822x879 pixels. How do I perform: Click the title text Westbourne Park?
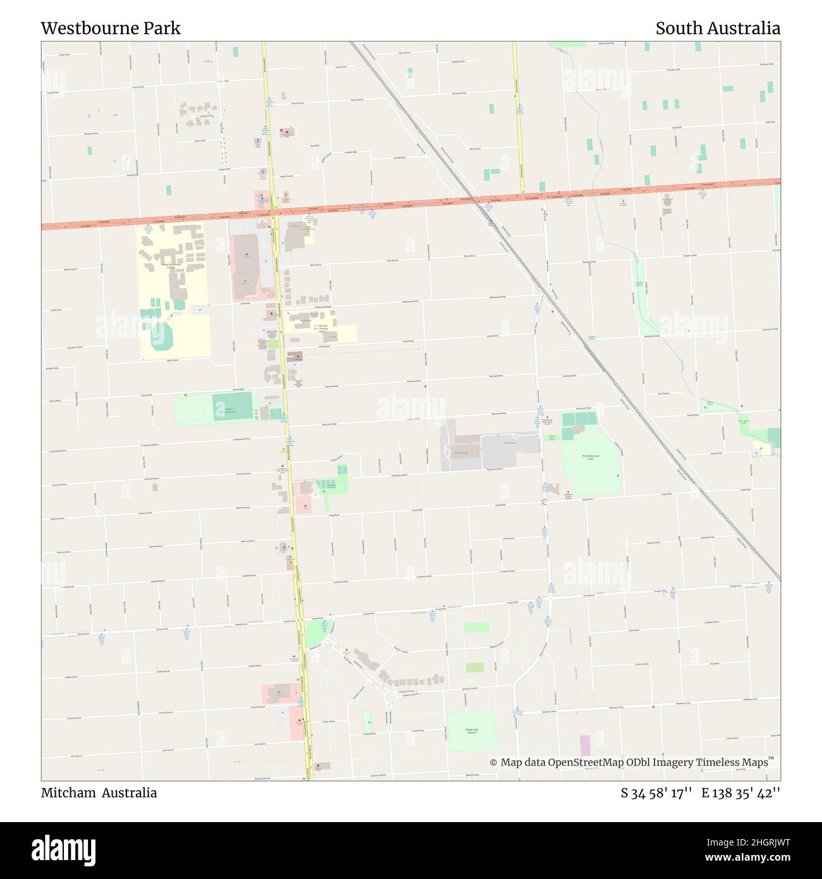point(111,28)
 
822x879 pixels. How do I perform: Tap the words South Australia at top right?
point(718,28)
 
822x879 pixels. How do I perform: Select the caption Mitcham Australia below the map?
point(99,793)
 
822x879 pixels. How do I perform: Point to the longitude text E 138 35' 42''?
point(740,793)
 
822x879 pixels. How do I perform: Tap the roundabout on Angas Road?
point(544,501)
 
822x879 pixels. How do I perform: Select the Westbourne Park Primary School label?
point(321,328)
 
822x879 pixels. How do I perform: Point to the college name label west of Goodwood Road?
point(170,266)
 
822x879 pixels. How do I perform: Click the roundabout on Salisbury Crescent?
point(389,698)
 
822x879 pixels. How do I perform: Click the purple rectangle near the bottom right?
point(585,745)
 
